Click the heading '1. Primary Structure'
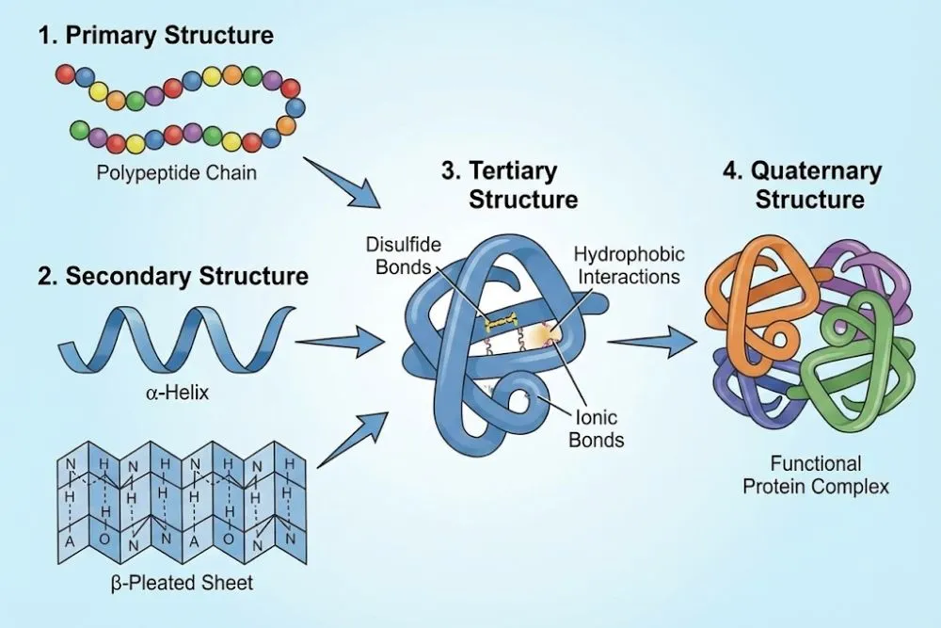pyautogui.click(x=155, y=37)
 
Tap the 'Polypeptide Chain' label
pyautogui.click(x=176, y=174)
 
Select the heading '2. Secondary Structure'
pyautogui.click(x=173, y=277)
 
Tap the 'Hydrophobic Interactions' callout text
pyautogui.click(x=629, y=266)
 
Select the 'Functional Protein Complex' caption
pyautogui.click(x=815, y=475)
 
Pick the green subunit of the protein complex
pyautogui.click(x=852, y=358)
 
